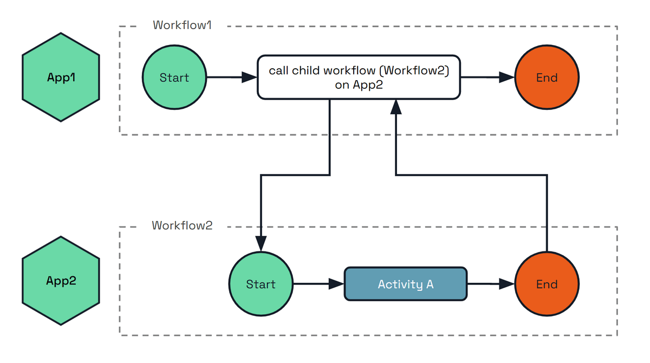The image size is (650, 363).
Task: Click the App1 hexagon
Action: (61, 77)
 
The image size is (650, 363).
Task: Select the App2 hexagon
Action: (61, 281)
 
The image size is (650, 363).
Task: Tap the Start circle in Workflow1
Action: (174, 77)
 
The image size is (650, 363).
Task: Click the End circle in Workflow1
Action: (547, 77)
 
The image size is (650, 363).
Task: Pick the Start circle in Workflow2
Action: (261, 284)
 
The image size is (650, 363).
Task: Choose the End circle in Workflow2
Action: (547, 284)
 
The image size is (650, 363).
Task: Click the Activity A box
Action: (406, 284)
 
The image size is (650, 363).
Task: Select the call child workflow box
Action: (359, 77)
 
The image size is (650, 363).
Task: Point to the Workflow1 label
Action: (182, 25)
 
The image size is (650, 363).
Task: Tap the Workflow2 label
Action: (182, 225)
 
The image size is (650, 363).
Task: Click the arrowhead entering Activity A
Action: (337, 284)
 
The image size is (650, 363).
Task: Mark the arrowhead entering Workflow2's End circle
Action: (507, 284)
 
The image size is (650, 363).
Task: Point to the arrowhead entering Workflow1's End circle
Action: (507, 77)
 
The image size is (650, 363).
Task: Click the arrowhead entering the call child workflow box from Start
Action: (249, 77)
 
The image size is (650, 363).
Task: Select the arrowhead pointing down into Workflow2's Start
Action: (261, 244)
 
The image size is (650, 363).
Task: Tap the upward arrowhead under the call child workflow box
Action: (396, 107)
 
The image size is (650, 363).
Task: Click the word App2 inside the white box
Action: (368, 85)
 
